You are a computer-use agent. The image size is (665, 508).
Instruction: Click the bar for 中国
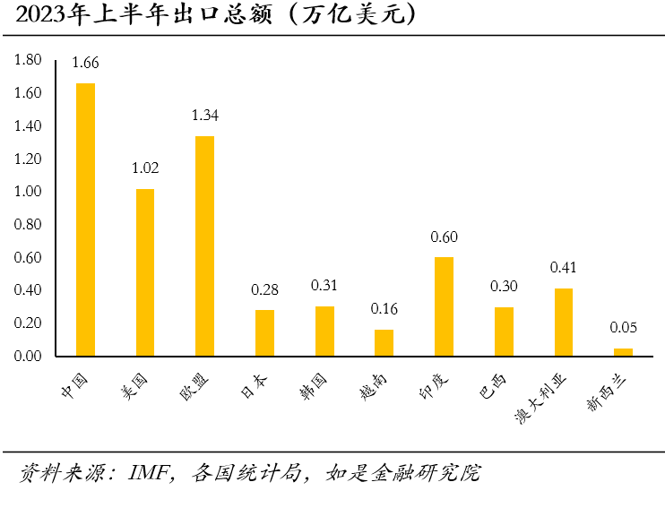click(x=85, y=220)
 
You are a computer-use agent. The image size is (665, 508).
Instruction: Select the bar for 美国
click(x=145, y=272)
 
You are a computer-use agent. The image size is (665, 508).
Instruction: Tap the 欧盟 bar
click(x=204, y=246)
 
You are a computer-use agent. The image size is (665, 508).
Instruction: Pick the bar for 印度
click(x=444, y=306)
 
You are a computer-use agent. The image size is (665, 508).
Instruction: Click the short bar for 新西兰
click(x=623, y=352)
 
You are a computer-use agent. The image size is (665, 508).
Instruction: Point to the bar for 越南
click(x=384, y=343)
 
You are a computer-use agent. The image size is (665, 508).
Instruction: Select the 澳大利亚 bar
click(x=563, y=323)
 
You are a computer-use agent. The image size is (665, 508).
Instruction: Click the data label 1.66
click(x=85, y=63)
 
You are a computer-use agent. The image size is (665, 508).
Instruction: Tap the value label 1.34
click(x=204, y=116)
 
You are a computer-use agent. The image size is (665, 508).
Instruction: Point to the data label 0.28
click(x=264, y=289)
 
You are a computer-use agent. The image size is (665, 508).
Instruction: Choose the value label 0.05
click(x=623, y=328)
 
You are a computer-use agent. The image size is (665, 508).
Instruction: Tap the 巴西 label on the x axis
click(x=493, y=386)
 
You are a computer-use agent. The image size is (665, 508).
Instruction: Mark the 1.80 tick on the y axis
click(x=28, y=60)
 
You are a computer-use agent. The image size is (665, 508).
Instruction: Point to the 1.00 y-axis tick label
click(x=28, y=192)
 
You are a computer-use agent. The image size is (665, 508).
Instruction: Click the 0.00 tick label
click(x=28, y=357)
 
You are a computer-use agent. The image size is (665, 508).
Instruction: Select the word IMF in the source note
click(x=150, y=473)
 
